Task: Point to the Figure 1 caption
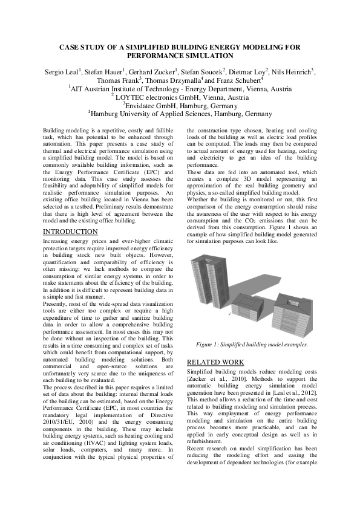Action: (x=252, y=345)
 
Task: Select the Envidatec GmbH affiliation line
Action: (x=180, y=105)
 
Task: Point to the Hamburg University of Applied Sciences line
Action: (x=180, y=113)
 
